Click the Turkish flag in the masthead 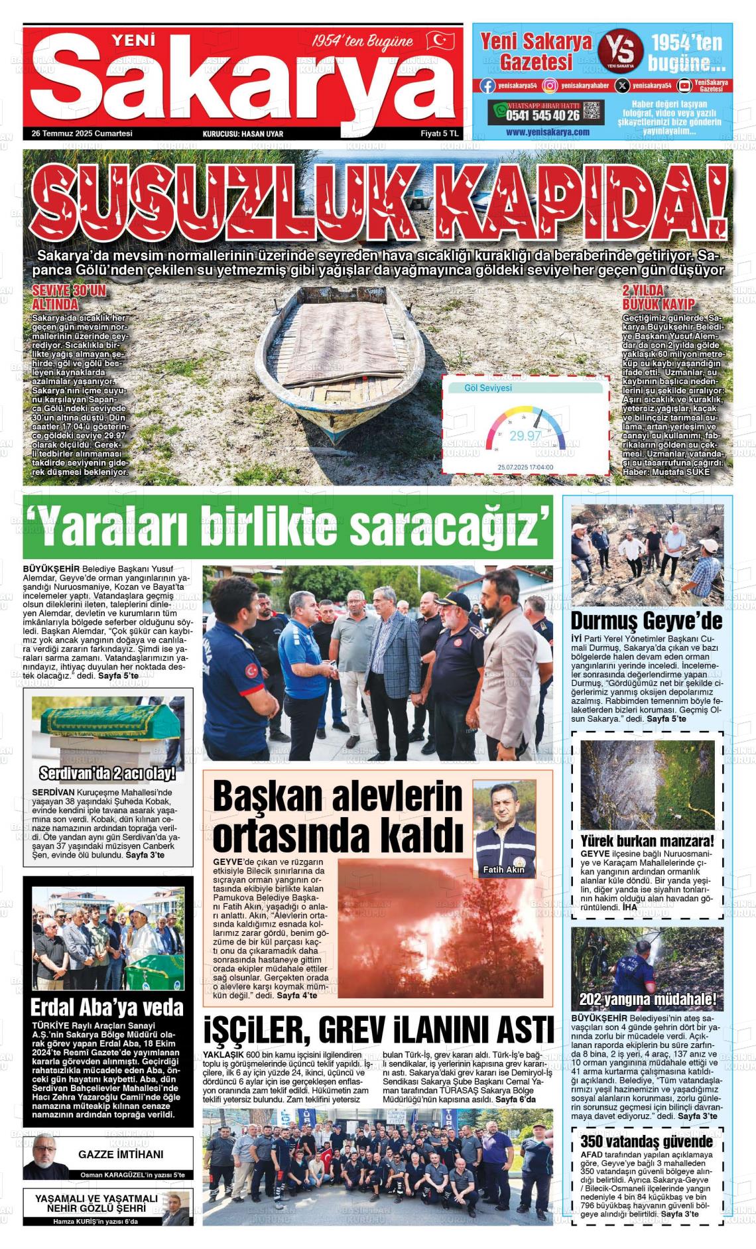pos(440,41)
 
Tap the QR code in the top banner pos(593,111)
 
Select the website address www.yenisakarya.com pos(547,132)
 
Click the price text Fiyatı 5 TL pos(440,133)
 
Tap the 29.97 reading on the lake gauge pos(525,436)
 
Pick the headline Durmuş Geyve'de pos(647,622)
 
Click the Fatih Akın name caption pos(503,869)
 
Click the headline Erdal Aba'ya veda pos(107,1008)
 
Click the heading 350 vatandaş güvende pos(647,1141)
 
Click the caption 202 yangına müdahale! pos(647,1000)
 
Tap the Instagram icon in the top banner pos(550,85)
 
